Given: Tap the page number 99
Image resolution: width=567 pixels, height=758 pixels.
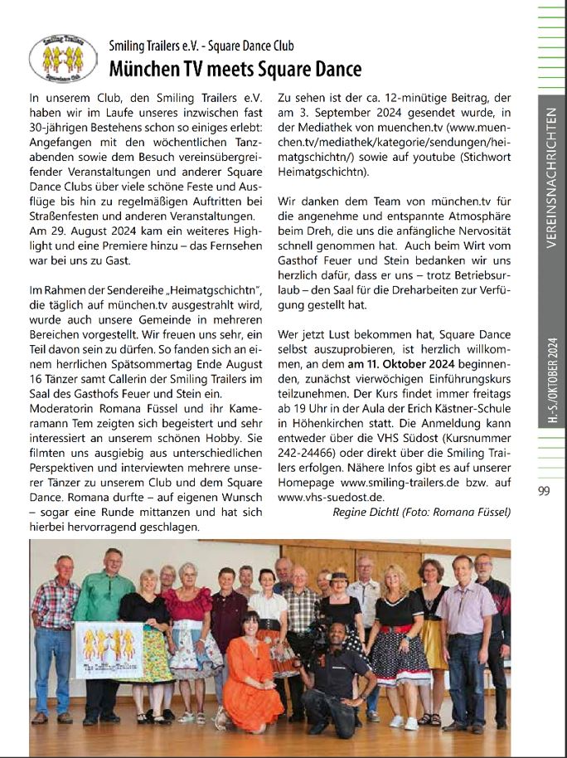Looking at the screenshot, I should (544, 491).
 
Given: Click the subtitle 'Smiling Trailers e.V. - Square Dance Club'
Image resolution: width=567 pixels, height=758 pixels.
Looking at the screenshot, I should (201, 46).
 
